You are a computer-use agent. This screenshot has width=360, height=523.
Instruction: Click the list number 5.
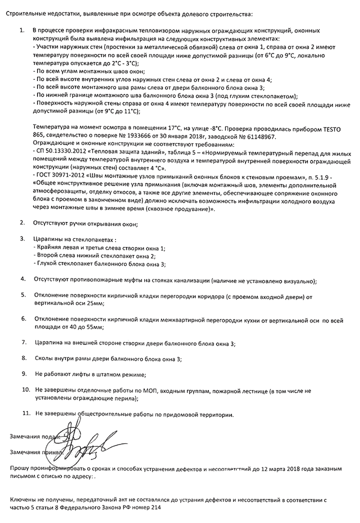(x=23, y=294)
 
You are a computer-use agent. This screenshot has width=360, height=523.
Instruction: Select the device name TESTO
(x=335, y=128)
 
